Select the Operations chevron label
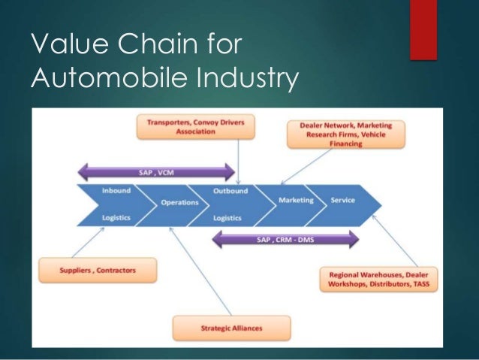179,203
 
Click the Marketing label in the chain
296,201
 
